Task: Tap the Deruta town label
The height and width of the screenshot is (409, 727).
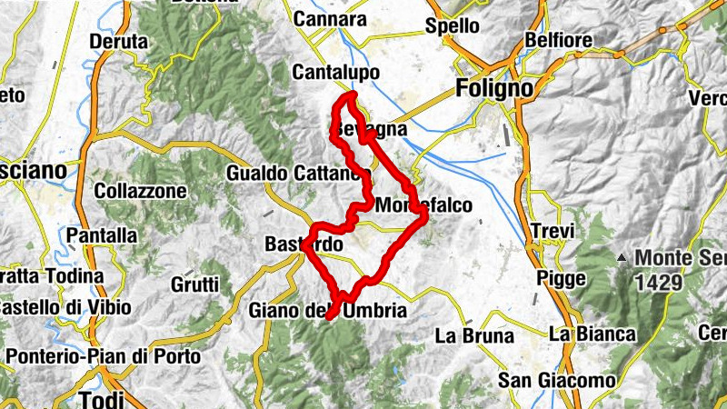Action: (118, 42)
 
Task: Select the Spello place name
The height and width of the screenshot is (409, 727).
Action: (452, 26)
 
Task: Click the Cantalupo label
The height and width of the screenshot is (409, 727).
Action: (335, 71)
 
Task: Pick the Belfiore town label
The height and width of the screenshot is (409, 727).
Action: (559, 41)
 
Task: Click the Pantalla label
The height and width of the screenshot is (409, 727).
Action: (102, 236)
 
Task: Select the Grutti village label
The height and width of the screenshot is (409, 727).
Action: (194, 284)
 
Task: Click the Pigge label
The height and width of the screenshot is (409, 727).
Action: (561, 279)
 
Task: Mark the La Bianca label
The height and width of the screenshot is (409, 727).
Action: (592, 334)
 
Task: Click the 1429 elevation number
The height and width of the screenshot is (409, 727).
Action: (658, 283)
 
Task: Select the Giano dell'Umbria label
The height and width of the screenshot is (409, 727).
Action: (327, 311)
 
